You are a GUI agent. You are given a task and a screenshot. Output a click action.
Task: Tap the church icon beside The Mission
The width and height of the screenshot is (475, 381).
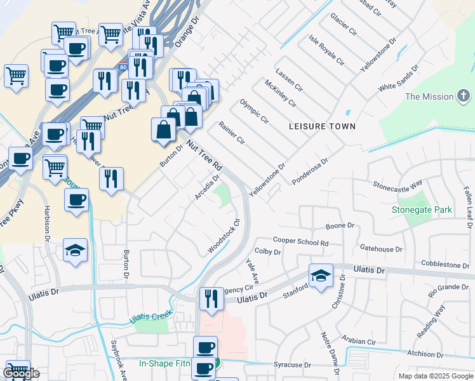click(464, 97)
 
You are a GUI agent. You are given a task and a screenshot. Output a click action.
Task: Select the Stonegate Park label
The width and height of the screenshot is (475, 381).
click(421, 209)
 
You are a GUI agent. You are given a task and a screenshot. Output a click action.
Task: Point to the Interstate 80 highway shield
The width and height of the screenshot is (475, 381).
click(123, 67)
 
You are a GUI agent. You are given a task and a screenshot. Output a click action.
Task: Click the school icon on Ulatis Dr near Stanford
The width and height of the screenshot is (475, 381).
click(321, 276)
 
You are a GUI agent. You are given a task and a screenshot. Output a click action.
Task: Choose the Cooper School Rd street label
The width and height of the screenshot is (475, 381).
click(300, 242)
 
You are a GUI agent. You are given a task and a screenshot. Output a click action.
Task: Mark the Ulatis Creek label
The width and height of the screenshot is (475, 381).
click(152, 316)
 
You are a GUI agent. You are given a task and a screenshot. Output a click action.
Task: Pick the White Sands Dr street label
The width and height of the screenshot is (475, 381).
click(398, 77)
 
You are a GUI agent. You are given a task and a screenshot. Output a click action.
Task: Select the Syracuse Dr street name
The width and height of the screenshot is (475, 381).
click(291, 365)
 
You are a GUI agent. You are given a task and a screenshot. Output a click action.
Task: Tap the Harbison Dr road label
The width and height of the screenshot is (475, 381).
click(46, 223)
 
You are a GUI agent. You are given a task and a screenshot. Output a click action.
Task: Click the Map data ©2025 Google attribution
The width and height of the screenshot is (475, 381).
click(434, 376)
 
